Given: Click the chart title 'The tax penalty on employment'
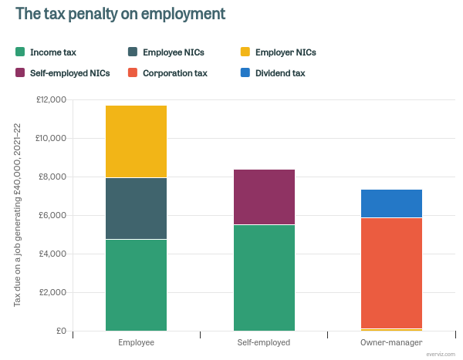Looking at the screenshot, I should coord(120,15).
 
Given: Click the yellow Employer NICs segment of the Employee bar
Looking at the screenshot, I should coord(136,141).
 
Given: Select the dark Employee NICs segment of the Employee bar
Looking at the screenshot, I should coord(136,208).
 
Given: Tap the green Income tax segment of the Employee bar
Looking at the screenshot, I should coord(136,285).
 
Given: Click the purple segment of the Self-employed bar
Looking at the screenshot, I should coord(264,197).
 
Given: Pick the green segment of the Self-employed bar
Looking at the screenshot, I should coord(264,278).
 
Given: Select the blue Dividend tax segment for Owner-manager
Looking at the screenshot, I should coord(391,204).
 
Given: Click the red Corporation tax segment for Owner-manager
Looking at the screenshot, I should coord(391,273).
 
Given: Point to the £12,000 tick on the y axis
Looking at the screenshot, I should coord(52,100).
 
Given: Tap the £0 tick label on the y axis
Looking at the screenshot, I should coord(59,331).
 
